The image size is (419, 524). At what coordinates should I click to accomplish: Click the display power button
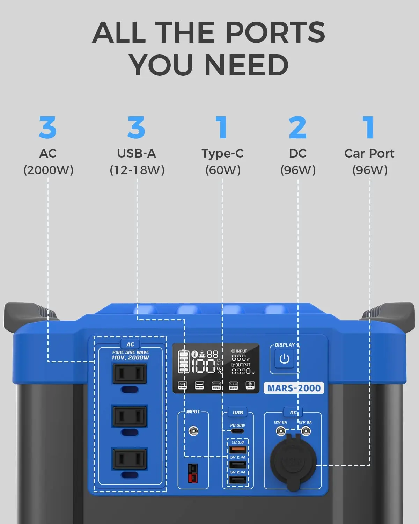[x=284, y=359]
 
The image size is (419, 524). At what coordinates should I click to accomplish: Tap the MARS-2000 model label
[x=294, y=388]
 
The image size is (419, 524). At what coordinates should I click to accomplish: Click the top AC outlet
[x=130, y=374]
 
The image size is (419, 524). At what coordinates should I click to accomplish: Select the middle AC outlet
[x=130, y=416]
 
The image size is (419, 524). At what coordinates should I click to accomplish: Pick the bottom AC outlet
[x=130, y=459]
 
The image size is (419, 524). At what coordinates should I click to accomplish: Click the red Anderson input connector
[x=192, y=473]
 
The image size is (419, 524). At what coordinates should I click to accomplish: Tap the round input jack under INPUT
[x=193, y=431]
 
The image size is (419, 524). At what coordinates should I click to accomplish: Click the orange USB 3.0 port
[x=238, y=450]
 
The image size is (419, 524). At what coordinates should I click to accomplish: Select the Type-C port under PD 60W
[x=238, y=431]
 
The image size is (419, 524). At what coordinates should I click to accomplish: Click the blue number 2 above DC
[x=297, y=128]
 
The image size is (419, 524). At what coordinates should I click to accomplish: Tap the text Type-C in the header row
[x=222, y=153]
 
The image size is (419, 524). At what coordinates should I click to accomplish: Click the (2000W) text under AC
[x=48, y=170]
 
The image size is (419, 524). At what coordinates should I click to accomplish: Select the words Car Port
[x=369, y=153]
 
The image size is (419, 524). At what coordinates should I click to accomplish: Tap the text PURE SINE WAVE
[x=131, y=352]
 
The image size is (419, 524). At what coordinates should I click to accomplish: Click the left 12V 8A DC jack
[x=281, y=431]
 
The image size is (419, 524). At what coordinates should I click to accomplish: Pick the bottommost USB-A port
[x=238, y=480]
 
